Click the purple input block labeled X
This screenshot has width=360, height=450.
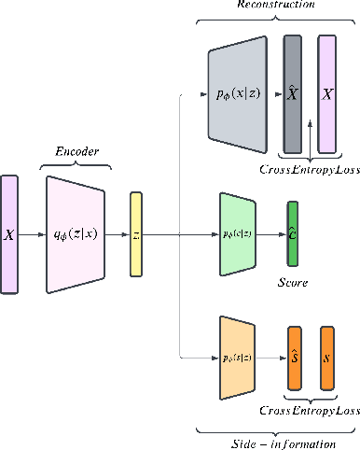click(x=9, y=234)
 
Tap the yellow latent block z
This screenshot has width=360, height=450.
click(x=135, y=234)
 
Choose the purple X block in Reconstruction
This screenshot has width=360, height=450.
click(x=326, y=93)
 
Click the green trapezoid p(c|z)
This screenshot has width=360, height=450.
click(x=238, y=233)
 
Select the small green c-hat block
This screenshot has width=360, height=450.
click(x=292, y=233)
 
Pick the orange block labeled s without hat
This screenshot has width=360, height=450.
click(x=327, y=358)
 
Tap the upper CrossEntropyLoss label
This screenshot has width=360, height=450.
click(x=309, y=169)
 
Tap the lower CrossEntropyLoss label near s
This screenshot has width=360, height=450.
click(x=309, y=410)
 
